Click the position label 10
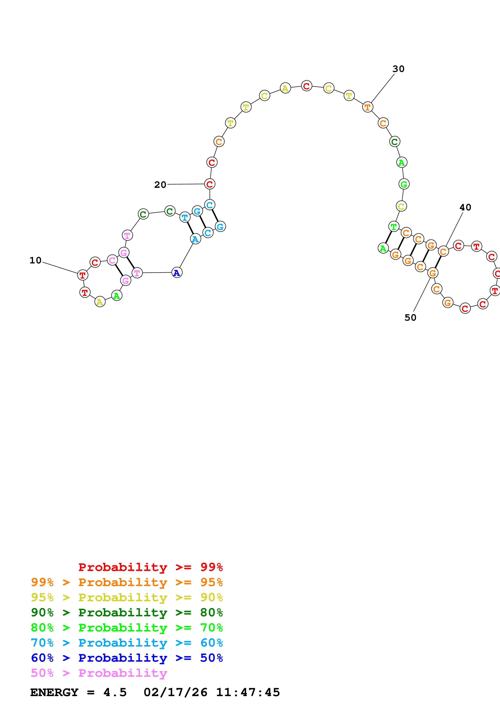coord(35,261)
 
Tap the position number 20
coord(160,185)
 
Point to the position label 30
coord(398,69)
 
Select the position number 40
coord(465,208)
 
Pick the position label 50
coord(410,318)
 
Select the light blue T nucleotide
coord(185,217)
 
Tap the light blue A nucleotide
coord(195,239)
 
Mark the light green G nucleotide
coord(404,184)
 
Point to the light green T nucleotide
coord(394,227)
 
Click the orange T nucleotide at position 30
coord(367,107)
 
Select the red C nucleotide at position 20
coord(210,184)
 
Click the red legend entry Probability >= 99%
coord(150,567)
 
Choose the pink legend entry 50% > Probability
coord(99,673)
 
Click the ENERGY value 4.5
coord(115,692)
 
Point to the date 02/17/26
coord(175,692)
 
